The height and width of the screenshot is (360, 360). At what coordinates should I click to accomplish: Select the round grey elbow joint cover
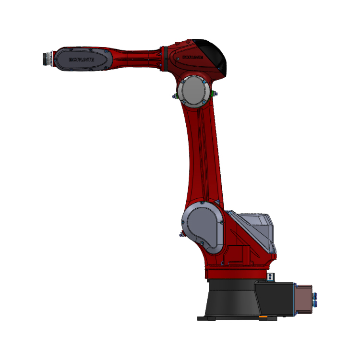pos(193,90)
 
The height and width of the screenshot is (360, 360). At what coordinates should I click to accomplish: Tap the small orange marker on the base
pos(263,317)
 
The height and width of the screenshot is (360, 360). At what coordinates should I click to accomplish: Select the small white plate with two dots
pos(272,277)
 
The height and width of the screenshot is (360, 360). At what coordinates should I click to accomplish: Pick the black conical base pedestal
pos(230,300)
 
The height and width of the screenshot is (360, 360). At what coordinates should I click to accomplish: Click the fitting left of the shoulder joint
pos(180,234)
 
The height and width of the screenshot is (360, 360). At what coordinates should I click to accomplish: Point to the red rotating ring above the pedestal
pos(235,274)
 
